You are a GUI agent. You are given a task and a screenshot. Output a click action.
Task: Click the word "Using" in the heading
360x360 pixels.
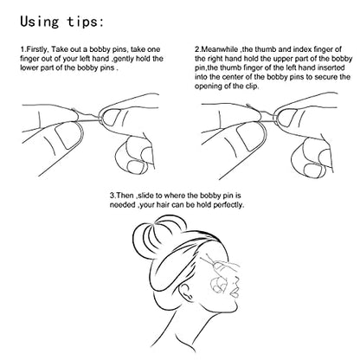click(39, 22)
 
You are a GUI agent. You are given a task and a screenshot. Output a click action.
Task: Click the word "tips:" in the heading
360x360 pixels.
click(85, 22)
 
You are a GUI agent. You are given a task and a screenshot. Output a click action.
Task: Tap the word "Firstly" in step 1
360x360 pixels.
click(36, 49)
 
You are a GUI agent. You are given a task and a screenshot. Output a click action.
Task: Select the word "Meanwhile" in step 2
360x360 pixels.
click(219, 49)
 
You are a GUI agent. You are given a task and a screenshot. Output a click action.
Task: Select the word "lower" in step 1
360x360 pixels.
click(29, 68)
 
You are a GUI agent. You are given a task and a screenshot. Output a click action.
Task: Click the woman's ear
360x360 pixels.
click(185, 290)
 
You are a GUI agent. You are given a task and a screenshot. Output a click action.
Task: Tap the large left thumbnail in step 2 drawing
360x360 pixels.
click(249, 137)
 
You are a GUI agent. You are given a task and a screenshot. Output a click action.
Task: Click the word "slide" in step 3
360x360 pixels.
click(145, 196)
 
